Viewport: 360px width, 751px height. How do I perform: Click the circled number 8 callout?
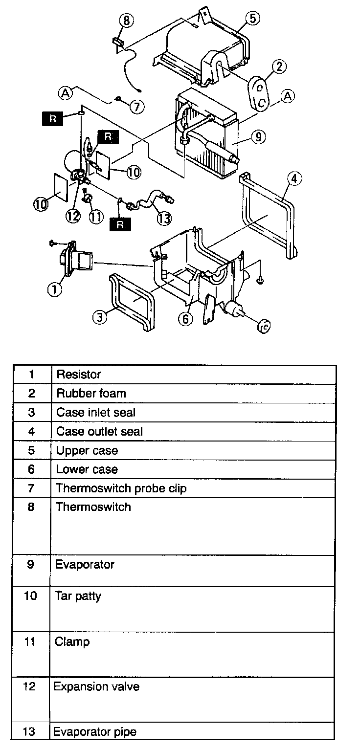coord(126,21)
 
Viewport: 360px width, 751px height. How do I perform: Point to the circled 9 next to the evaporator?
coord(259,137)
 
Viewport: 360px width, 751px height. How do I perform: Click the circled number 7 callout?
coord(137,107)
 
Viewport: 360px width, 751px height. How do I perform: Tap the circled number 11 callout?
coord(97,216)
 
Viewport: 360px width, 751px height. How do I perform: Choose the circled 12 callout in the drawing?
coord(73,216)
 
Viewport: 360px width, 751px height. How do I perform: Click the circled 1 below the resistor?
coord(54,289)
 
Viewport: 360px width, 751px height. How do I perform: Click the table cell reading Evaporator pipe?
coord(95,732)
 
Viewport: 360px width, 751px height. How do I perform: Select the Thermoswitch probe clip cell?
coord(121,488)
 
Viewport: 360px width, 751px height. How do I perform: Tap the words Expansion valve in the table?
coord(96,686)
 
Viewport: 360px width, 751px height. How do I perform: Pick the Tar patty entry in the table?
coord(78,596)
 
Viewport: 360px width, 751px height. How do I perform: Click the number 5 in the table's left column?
coord(31,450)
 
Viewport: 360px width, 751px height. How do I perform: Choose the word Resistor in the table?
coord(79,375)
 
